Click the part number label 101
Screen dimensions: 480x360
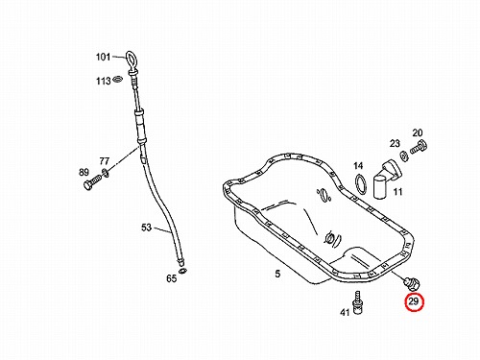[103, 57]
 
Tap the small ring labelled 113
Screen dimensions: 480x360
[118, 79]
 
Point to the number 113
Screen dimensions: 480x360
[104, 81]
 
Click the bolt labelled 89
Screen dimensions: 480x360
[91, 183]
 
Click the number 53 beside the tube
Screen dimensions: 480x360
[146, 228]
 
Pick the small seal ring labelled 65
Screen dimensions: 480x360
[182, 272]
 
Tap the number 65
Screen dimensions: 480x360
[172, 278]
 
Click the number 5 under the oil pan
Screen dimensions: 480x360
[277, 274]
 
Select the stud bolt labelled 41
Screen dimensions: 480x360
[357, 301]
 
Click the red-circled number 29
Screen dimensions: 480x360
[414, 301]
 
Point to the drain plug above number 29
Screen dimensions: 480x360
[412, 284]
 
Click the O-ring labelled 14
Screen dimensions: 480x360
[361, 184]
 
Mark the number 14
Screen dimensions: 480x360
[358, 166]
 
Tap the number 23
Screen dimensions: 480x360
[395, 143]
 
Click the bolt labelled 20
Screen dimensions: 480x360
[419, 147]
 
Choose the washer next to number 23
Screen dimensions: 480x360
[403, 156]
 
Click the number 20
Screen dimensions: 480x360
[418, 132]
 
